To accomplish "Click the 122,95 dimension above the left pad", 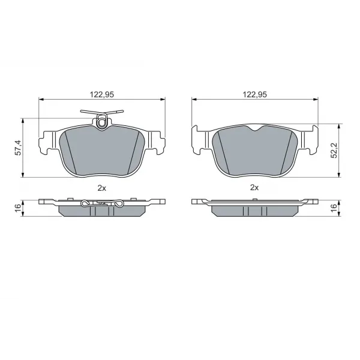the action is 102,94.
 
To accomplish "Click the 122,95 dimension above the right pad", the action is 255,94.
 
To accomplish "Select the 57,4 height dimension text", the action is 18,148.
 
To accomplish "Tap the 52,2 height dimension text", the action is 334,151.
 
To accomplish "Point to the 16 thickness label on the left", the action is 18,208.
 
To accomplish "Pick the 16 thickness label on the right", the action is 334,208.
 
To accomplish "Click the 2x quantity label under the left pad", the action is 102,188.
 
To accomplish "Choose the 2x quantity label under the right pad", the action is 254,188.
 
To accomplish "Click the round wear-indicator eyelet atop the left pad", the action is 101,124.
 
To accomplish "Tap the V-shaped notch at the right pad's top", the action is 255,129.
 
